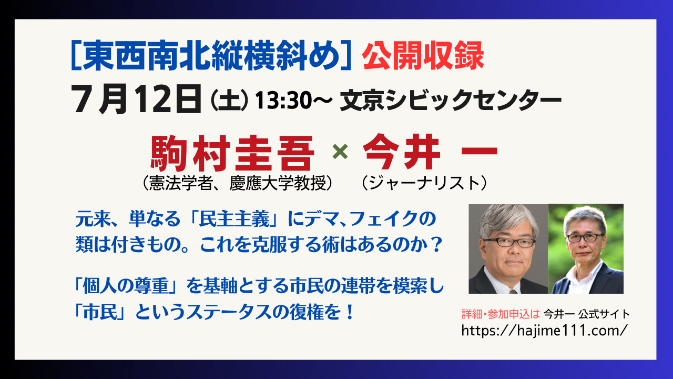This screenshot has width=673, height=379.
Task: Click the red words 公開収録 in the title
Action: click(x=423, y=56)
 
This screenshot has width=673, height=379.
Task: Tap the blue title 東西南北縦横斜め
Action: click(x=211, y=56)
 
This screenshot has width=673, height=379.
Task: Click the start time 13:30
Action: click(x=284, y=100)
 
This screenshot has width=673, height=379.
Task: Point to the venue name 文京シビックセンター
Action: click(x=451, y=100)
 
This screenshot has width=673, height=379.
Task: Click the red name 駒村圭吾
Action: click(x=232, y=153)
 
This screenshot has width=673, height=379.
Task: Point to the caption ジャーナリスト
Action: click(x=424, y=183)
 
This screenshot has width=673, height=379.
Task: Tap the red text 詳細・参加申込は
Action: click(x=501, y=314)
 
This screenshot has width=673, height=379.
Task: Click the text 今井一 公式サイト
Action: click(x=586, y=314)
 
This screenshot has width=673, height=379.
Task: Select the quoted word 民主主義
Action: click(x=234, y=218)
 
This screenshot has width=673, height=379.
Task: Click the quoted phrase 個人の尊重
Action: click(x=126, y=285)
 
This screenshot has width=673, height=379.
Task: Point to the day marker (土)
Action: click(x=229, y=101)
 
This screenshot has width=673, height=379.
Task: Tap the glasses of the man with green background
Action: click(x=584, y=237)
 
